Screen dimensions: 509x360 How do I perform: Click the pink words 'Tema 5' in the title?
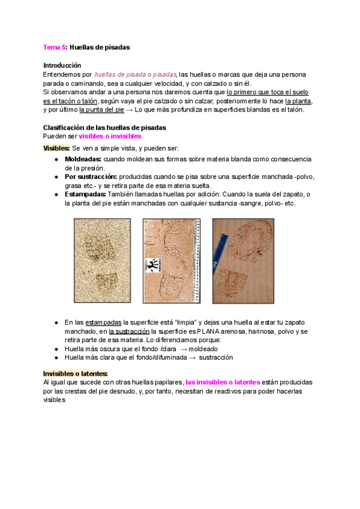click(x=55, y=46)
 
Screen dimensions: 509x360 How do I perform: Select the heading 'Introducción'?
click(x=62, y=65)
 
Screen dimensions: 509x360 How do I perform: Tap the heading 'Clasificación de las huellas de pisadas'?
click(x=104, y=127)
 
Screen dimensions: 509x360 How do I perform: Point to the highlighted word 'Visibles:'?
click(x=56, y=148)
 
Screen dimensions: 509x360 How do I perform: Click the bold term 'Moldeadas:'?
click(x=83, y=159)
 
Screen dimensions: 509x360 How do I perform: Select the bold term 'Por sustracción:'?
click(x=91, y=177)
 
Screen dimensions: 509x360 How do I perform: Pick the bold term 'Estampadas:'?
click(x=85, y=194)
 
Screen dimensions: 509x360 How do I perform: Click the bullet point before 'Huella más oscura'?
click(x=56, y=349)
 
